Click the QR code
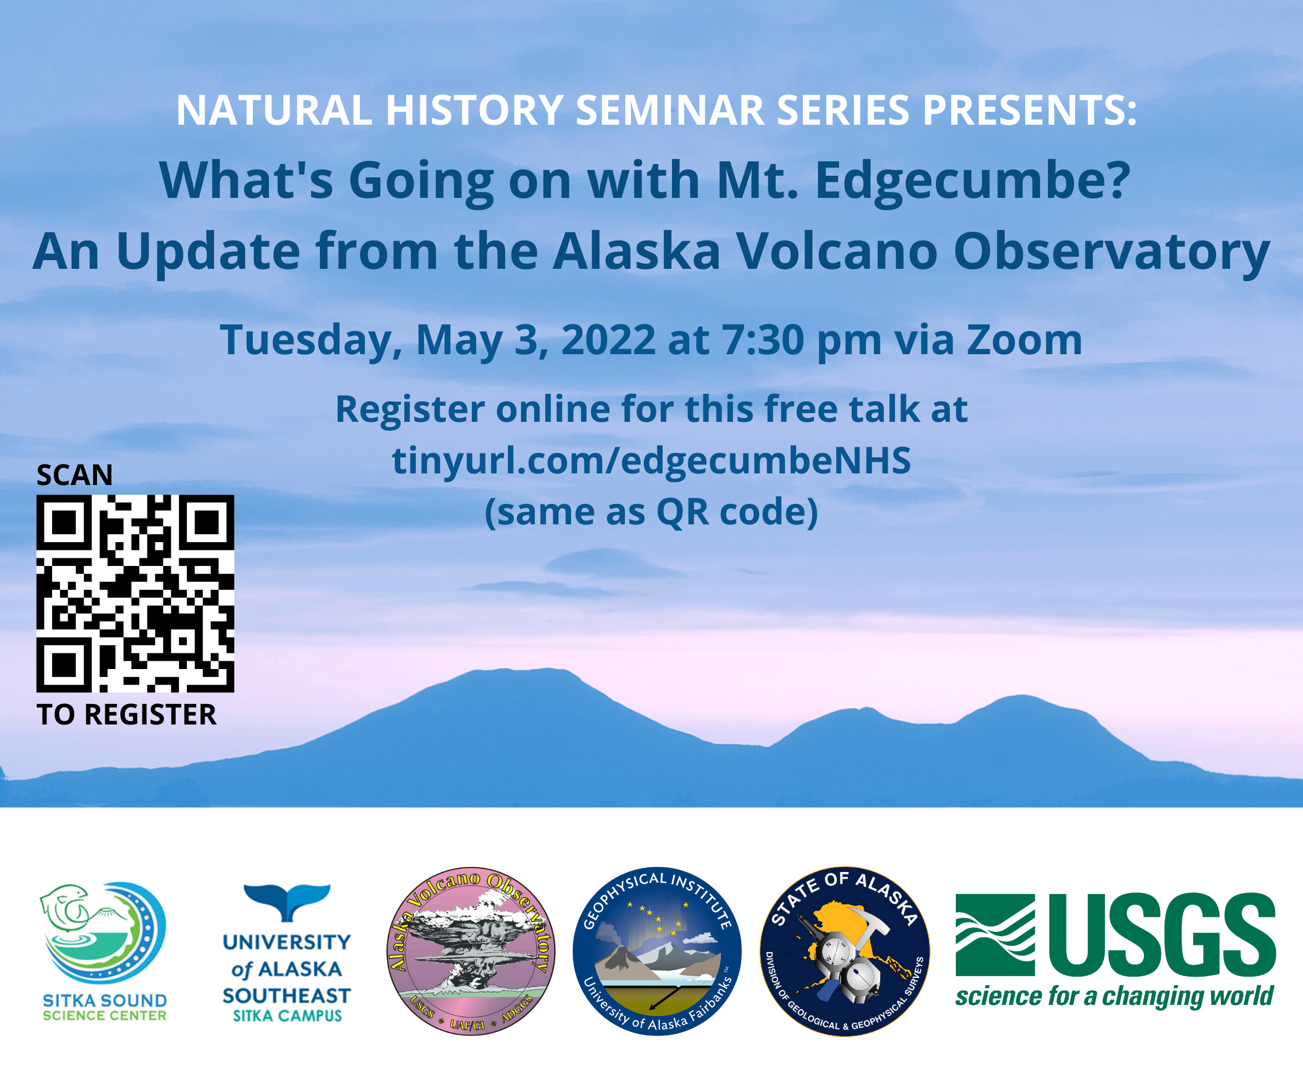[135, 593]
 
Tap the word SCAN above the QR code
[74, 475]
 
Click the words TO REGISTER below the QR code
[126, 714]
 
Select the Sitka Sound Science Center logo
[104, 952]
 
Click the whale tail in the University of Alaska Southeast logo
[287, 901]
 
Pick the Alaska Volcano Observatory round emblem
[471, 951]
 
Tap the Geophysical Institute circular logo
[656, 951]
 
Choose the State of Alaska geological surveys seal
[844, 951]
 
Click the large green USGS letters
[1162, 934]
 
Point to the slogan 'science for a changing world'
[1114, 997]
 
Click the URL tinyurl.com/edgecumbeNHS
[651, 461]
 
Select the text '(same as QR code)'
[651, 513]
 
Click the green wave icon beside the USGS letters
[995, 935]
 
